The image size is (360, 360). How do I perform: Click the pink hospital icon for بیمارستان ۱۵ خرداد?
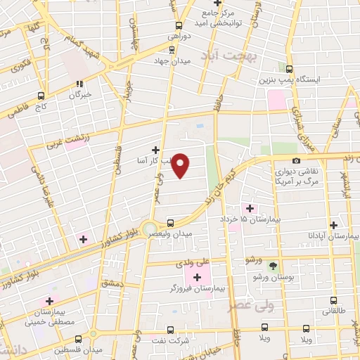click(x=249, y=208)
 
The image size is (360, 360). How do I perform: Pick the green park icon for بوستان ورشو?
click(x=274, y=266)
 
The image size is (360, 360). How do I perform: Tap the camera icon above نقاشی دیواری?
click(x=295, y=162)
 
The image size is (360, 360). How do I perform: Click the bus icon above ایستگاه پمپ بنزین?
click(x=290, y=68)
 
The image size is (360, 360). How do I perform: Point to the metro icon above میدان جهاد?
click(x=173, y=49)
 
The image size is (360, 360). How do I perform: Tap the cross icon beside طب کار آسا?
click(x=155, y=150)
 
